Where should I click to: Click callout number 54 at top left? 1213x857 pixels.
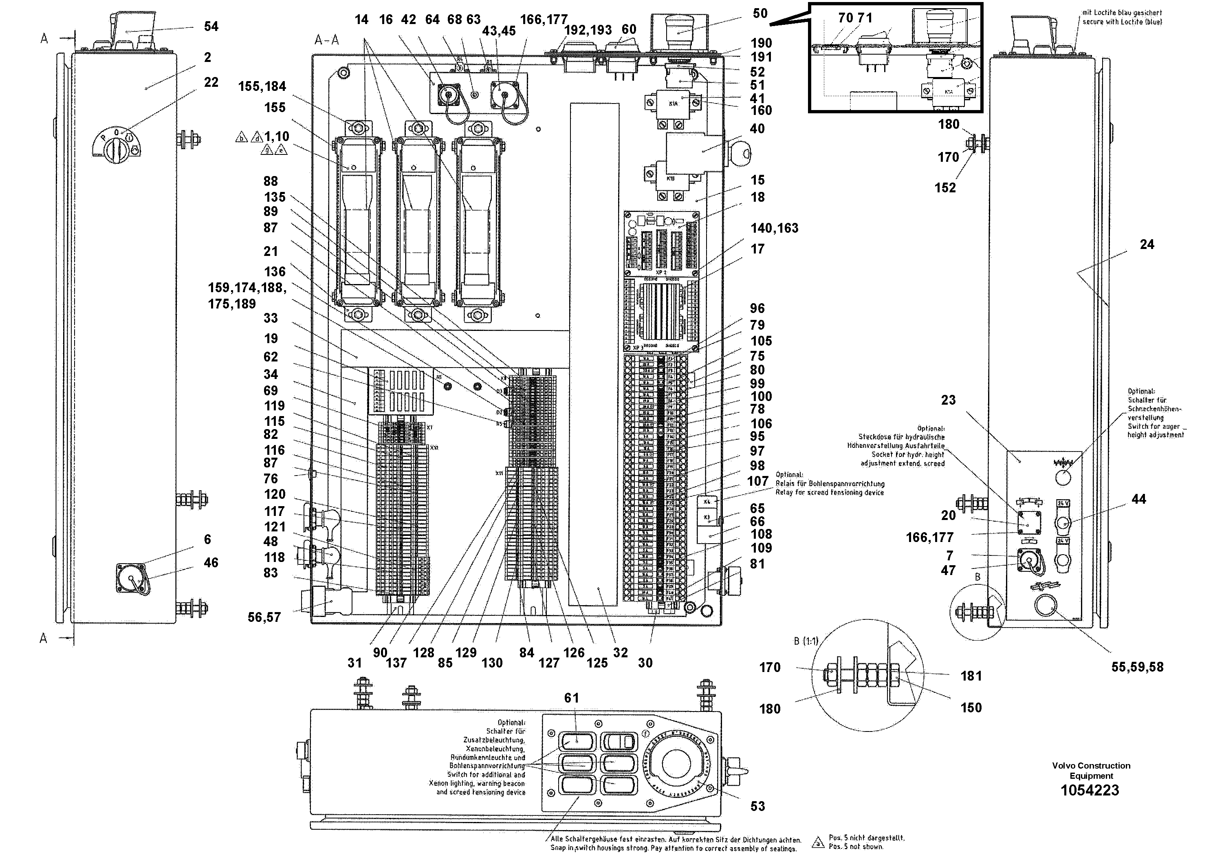211,26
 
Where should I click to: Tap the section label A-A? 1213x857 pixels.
326,40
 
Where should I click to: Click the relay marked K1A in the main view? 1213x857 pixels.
674,104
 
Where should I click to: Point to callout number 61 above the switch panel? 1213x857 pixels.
572,698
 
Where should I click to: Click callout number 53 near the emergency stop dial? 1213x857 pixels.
757,806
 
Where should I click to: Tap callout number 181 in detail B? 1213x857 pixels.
971,676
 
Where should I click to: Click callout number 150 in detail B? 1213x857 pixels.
971,707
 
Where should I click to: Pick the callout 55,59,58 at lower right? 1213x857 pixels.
1137,668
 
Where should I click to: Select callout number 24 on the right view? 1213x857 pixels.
1147,245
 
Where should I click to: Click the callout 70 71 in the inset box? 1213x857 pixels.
855,18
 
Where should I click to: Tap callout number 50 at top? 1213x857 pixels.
760,14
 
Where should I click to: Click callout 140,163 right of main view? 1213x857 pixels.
774,228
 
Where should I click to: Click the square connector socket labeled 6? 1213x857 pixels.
130,577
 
